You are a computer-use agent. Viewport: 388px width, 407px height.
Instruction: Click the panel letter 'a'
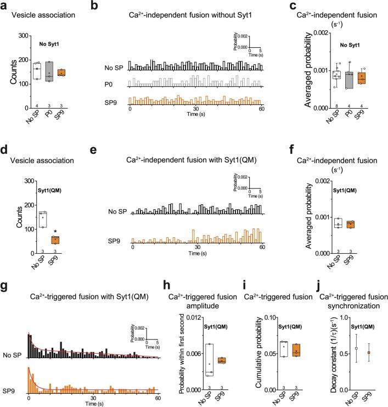click(6, 6)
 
